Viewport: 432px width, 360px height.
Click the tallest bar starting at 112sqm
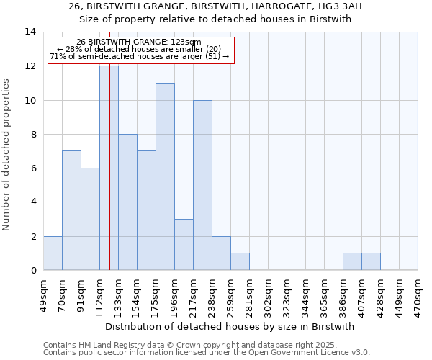pos(109,168)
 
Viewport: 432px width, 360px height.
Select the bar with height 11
pos(165,176)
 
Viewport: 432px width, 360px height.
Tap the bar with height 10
pos(202,185)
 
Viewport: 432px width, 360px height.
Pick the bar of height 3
pos(184,245)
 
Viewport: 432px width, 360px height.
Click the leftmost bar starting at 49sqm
pos(53,253)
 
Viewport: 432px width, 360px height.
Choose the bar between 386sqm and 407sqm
pos(352,262)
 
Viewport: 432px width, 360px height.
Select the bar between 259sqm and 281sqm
pos(240,262)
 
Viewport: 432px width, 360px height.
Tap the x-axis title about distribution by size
pos(235,326)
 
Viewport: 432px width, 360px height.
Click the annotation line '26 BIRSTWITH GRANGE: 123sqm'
pos(139,42)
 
